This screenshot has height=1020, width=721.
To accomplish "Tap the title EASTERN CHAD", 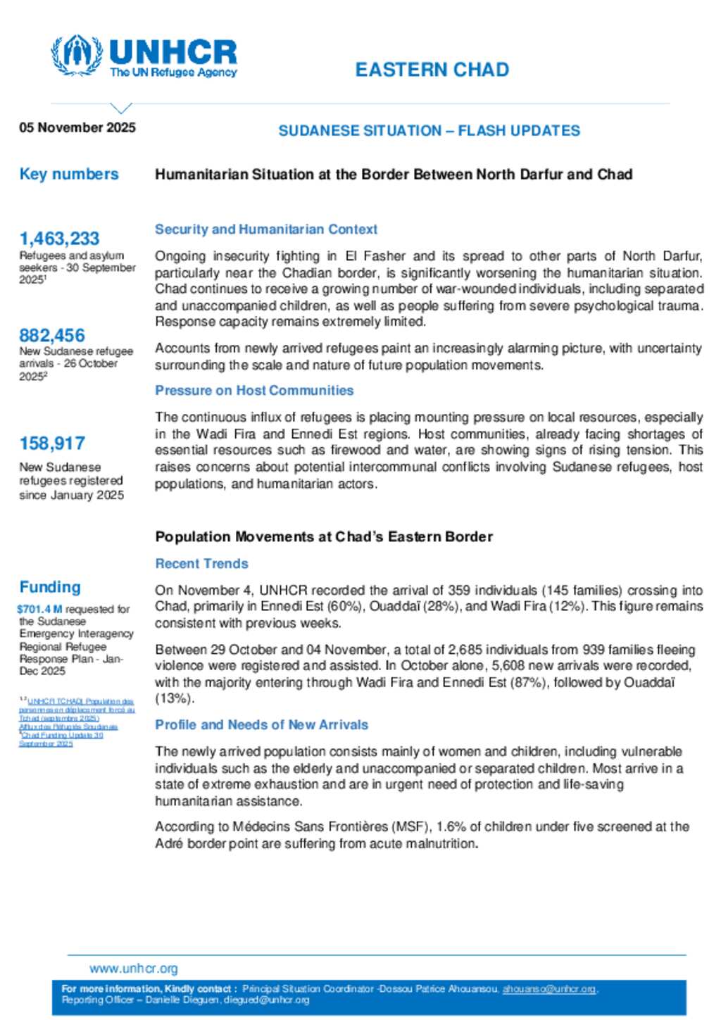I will click(x=432, y=70).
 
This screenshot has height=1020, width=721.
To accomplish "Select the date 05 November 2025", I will click(x=77, y=127).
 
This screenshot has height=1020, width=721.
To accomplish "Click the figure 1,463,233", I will click(x=59, y=238).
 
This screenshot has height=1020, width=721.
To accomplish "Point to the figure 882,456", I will click(x=52, y=335).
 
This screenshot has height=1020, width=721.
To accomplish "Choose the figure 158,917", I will click(x=52, y=443).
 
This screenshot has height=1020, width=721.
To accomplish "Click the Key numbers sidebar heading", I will click(x=69, y=174).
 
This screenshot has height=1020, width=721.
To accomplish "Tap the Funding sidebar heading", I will click(x=50, y=586).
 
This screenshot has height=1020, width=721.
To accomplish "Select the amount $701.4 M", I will click(x=39, y=609).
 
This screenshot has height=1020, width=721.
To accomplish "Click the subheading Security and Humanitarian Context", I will click(x=266, y=229).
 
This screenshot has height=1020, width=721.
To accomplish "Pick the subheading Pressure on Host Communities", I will click(x=254, y=390).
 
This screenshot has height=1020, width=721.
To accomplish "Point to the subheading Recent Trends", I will click(x=201, y=563).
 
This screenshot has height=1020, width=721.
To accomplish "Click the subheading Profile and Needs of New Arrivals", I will click(x=261, y=724).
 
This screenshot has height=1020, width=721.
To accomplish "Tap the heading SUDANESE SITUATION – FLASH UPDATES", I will click(x=429, y=130).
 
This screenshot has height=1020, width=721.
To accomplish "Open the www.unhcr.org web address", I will click(x=134, y=969).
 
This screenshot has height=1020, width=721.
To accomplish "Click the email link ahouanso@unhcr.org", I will click(x=549, y=989).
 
